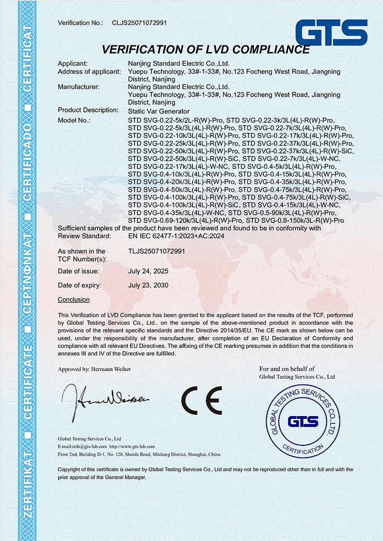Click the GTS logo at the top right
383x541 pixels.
331,33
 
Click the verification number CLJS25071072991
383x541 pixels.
139,23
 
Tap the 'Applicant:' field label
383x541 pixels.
73,64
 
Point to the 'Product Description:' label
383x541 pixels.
88,110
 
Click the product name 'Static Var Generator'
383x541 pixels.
156,111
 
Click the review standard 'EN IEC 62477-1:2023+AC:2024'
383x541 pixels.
176,236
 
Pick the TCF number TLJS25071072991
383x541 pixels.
157,251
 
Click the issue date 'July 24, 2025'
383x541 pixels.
148,271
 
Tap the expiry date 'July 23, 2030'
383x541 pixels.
148,285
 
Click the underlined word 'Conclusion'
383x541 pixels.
74,299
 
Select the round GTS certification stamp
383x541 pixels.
303,420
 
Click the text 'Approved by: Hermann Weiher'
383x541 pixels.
94,369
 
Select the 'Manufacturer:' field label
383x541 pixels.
79,87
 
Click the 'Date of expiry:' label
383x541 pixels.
79,285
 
